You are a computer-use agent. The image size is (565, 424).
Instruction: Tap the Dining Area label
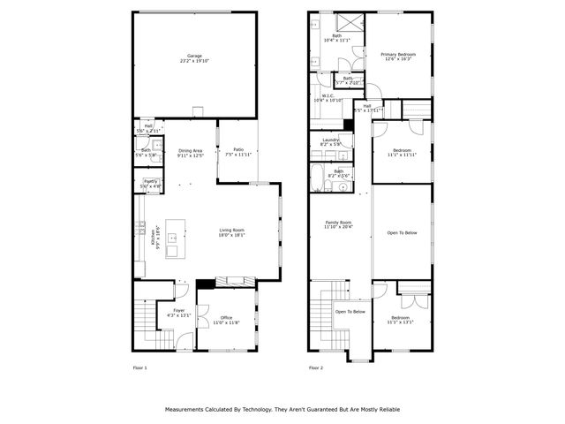coord(192,152)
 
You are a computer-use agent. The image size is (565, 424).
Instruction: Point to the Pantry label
coord(150,183)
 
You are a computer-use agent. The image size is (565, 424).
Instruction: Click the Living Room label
coord(232,232)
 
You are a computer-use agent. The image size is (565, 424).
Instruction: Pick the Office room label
coord(227,320)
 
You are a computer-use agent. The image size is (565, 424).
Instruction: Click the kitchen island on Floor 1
coord(174,238)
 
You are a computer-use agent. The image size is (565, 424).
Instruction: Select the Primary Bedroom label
coord(398,56)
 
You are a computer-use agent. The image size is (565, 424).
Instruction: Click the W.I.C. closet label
coord(327,97)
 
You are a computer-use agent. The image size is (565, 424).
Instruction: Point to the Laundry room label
coord(331,141)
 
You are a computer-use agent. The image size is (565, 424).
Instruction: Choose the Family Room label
coord(338,224)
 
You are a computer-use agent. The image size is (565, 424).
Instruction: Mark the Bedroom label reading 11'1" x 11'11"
coord(402,152)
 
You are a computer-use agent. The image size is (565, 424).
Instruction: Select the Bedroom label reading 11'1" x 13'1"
coord(401,319)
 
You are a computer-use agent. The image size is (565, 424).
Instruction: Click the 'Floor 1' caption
coord(139,367)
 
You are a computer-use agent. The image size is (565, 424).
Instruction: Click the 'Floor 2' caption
coord(316,367)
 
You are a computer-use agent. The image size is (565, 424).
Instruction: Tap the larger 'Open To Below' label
coord(402,232)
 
